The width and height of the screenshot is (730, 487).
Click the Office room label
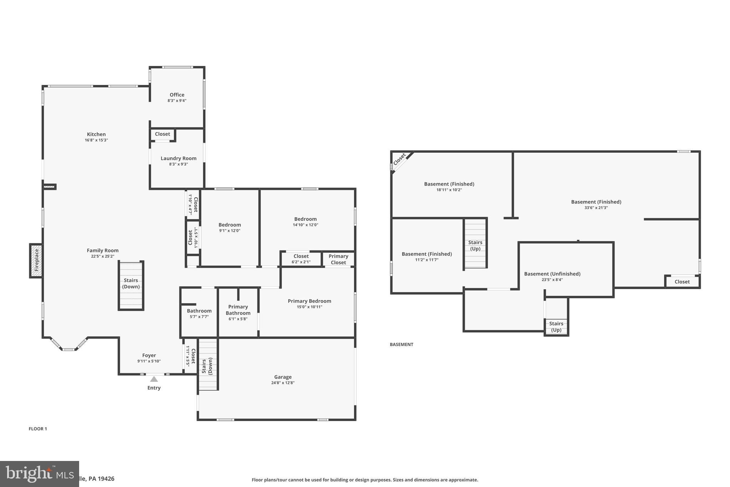(x=177, y=95)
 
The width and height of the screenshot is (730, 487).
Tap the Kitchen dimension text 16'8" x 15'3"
(x=96, y=140)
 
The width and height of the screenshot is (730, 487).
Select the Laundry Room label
(x=178, y=158)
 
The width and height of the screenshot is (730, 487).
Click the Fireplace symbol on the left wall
(x=36, y=260)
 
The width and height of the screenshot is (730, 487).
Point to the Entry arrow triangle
(x=154, y=379)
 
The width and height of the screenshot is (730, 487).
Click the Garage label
(x=283, y=377)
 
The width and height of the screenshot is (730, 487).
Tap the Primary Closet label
(x=338, y=259)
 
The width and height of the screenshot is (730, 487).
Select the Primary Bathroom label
(x=238, y=310)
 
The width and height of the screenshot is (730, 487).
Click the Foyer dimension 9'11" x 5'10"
(x=149, y=361)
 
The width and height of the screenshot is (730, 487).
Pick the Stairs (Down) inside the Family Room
(x=131, y=285)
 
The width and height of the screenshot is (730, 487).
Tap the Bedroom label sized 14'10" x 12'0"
(x=305, y=219)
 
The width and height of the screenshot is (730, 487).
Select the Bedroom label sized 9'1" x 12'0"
(x=230, y=225)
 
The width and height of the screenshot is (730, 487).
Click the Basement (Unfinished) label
(x=552, y=274)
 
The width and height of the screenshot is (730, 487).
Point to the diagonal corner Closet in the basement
(x=400, y=159)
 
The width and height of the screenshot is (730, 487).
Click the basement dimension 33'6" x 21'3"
(x=596, y=208)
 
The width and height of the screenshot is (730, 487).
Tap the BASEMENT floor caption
(x=401, y=344)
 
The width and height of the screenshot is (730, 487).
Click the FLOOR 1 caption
(x=38, y=429)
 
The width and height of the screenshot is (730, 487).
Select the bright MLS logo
(x=39, y=474)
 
